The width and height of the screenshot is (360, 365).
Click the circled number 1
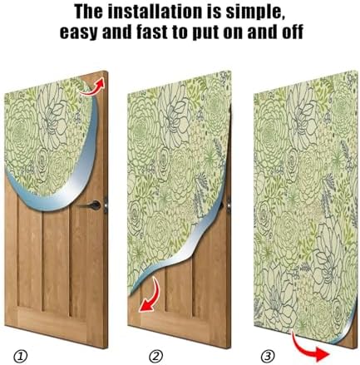point(21,357)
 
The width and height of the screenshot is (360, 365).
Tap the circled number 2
point(155,357)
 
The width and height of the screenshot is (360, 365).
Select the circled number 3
point(268,356)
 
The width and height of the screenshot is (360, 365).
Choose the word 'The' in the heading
point(88,12)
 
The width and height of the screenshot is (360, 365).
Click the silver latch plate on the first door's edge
point(106,205)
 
